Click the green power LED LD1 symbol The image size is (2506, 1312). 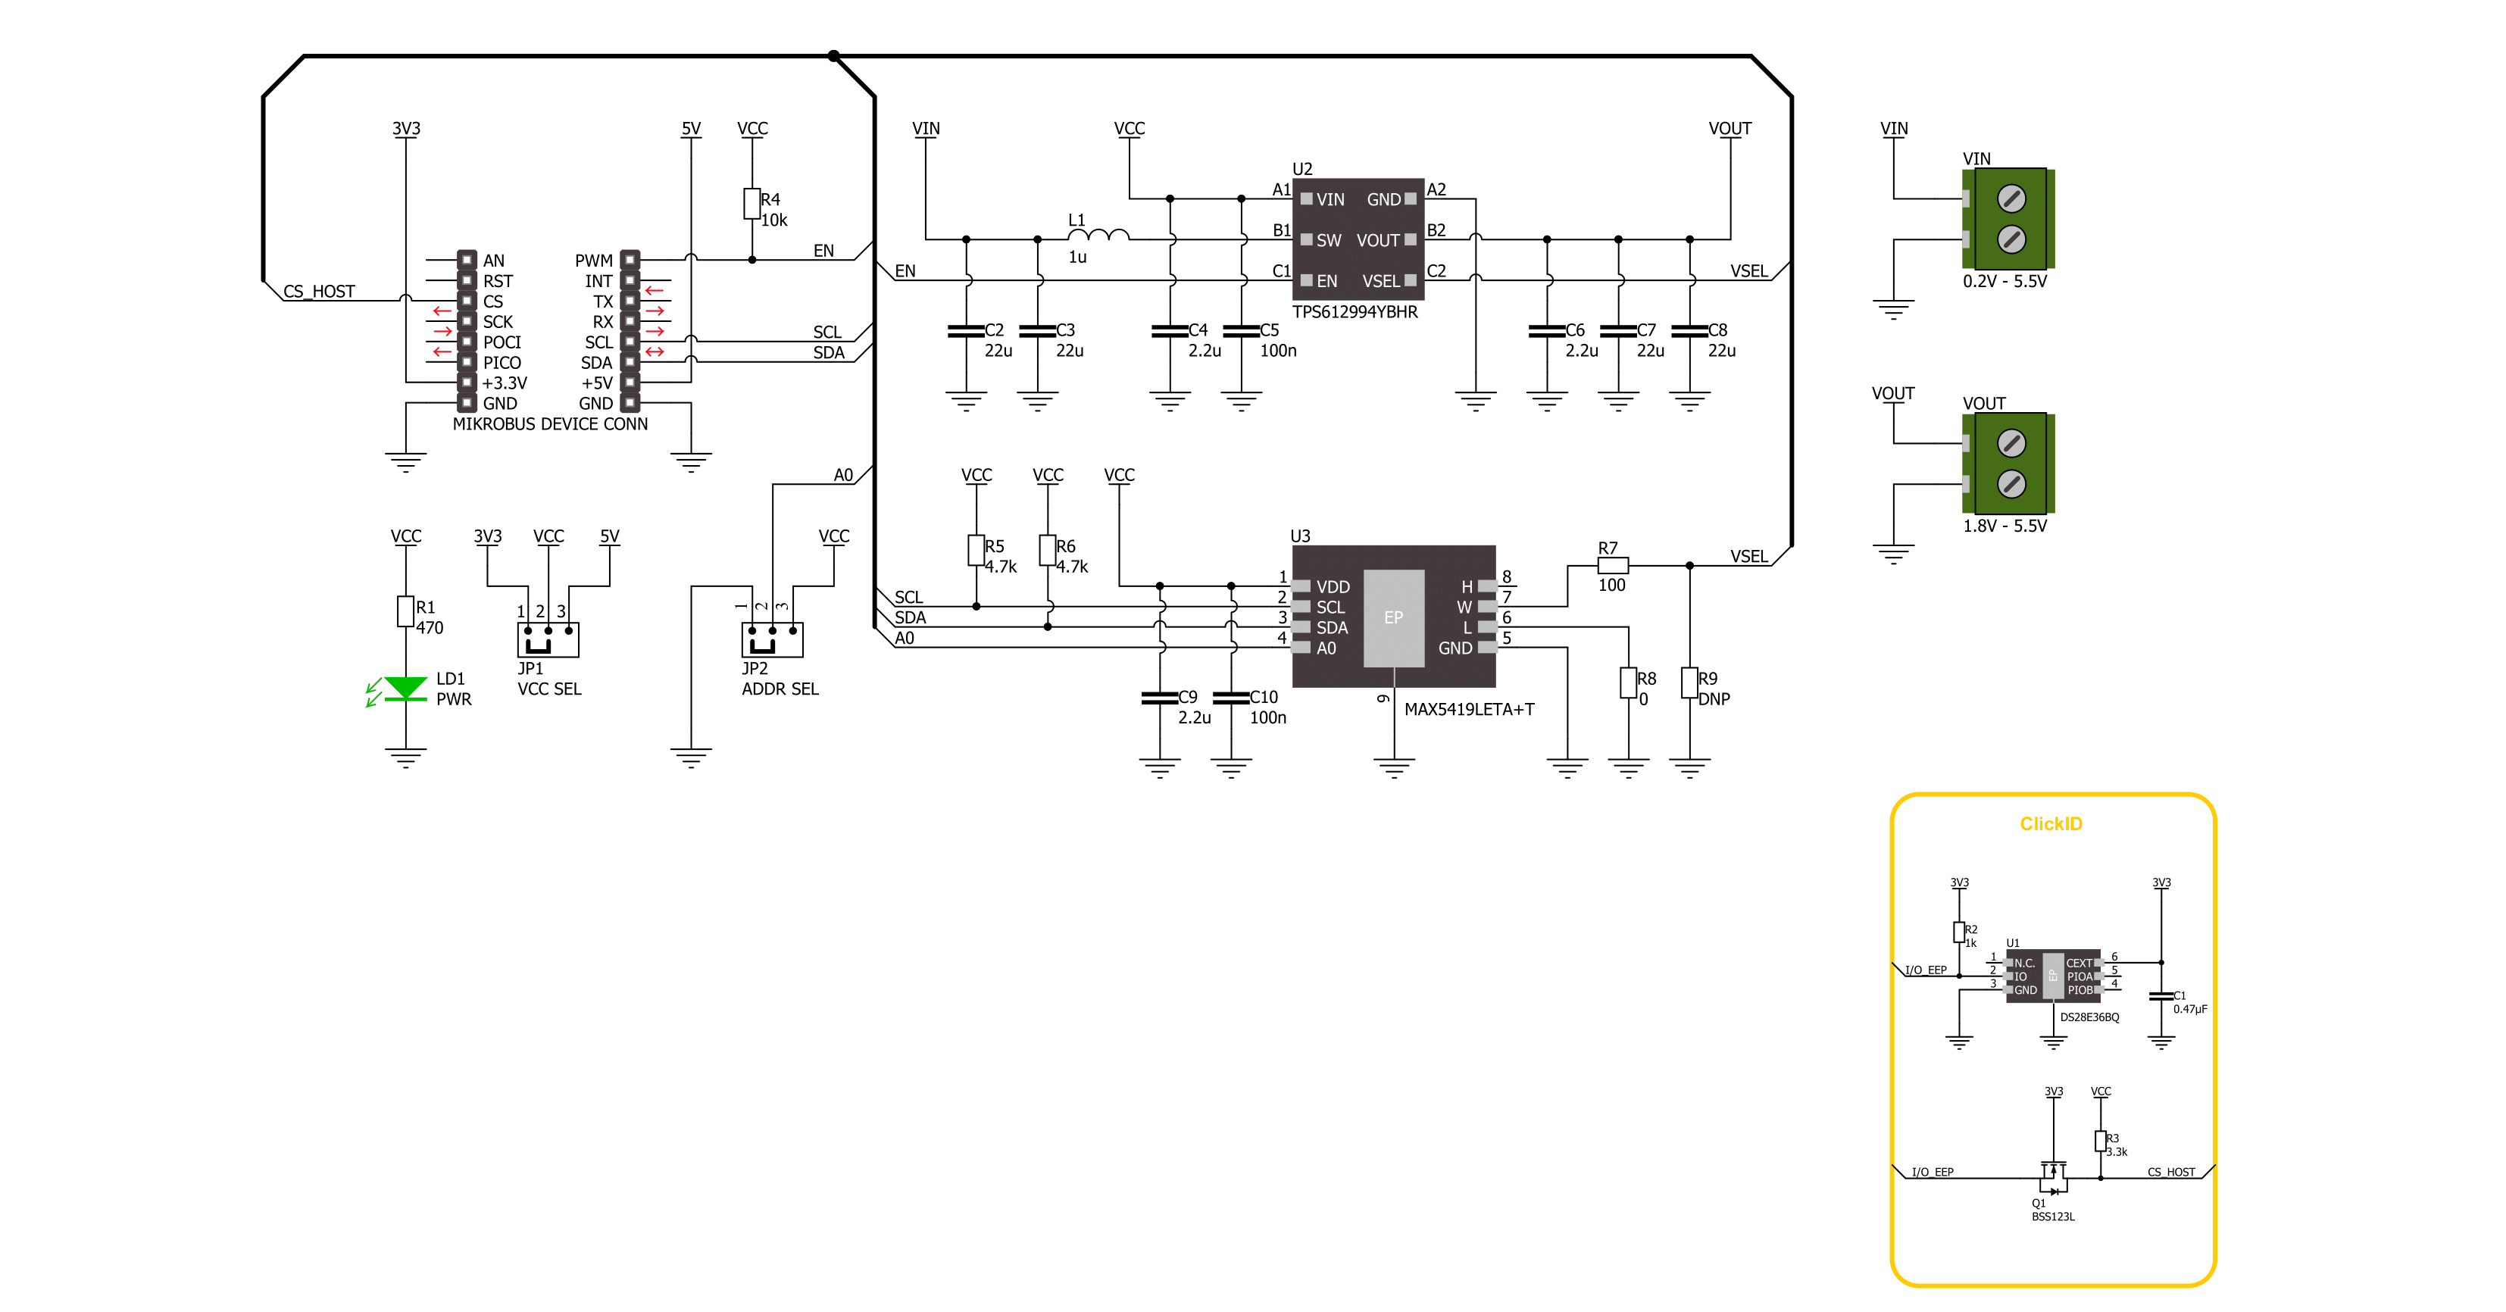(405, 689)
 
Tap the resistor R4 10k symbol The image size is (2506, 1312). (752, 203)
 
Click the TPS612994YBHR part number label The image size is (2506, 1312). (1355, 312)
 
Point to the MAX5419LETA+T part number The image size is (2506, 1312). (1469, 709)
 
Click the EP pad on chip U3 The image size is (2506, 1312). (1393, 617)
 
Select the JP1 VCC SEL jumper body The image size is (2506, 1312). (548, 639)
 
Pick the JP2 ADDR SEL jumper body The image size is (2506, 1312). (773, 639)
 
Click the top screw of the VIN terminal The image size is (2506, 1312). (2011, 198)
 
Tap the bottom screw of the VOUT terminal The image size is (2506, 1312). (2011, 483)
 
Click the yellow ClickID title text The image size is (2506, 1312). (2051, 823)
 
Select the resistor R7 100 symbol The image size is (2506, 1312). (1612, 565)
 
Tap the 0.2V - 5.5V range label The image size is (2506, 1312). (2004, 281)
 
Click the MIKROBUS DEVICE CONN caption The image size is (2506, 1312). (550, 424)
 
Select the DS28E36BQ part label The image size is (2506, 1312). (2089, 1017)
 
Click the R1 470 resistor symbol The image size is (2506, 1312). (405, 611)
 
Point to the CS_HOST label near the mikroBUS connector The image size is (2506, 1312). (319, 291)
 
